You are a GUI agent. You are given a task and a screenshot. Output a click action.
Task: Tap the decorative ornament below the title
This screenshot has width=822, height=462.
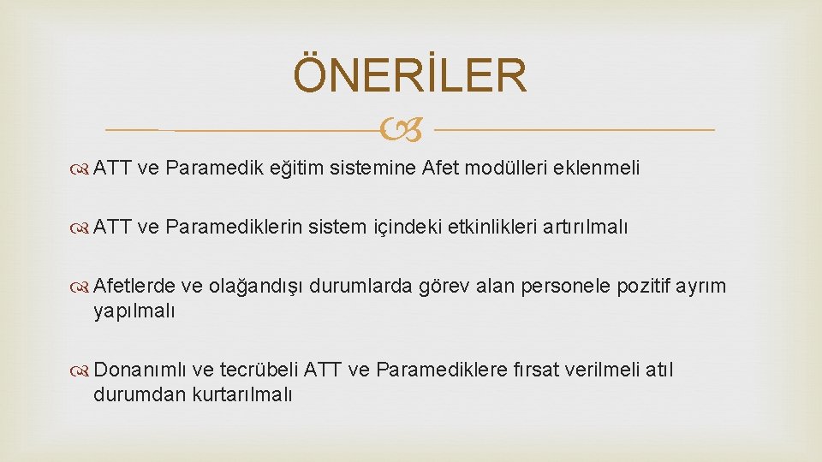[409, 131]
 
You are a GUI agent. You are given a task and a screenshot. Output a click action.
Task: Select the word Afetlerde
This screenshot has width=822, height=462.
[134, 286]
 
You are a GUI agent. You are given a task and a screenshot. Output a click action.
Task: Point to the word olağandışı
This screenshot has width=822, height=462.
[253, 287]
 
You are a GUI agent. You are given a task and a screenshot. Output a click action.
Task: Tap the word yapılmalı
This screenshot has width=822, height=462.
[134, 311]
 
